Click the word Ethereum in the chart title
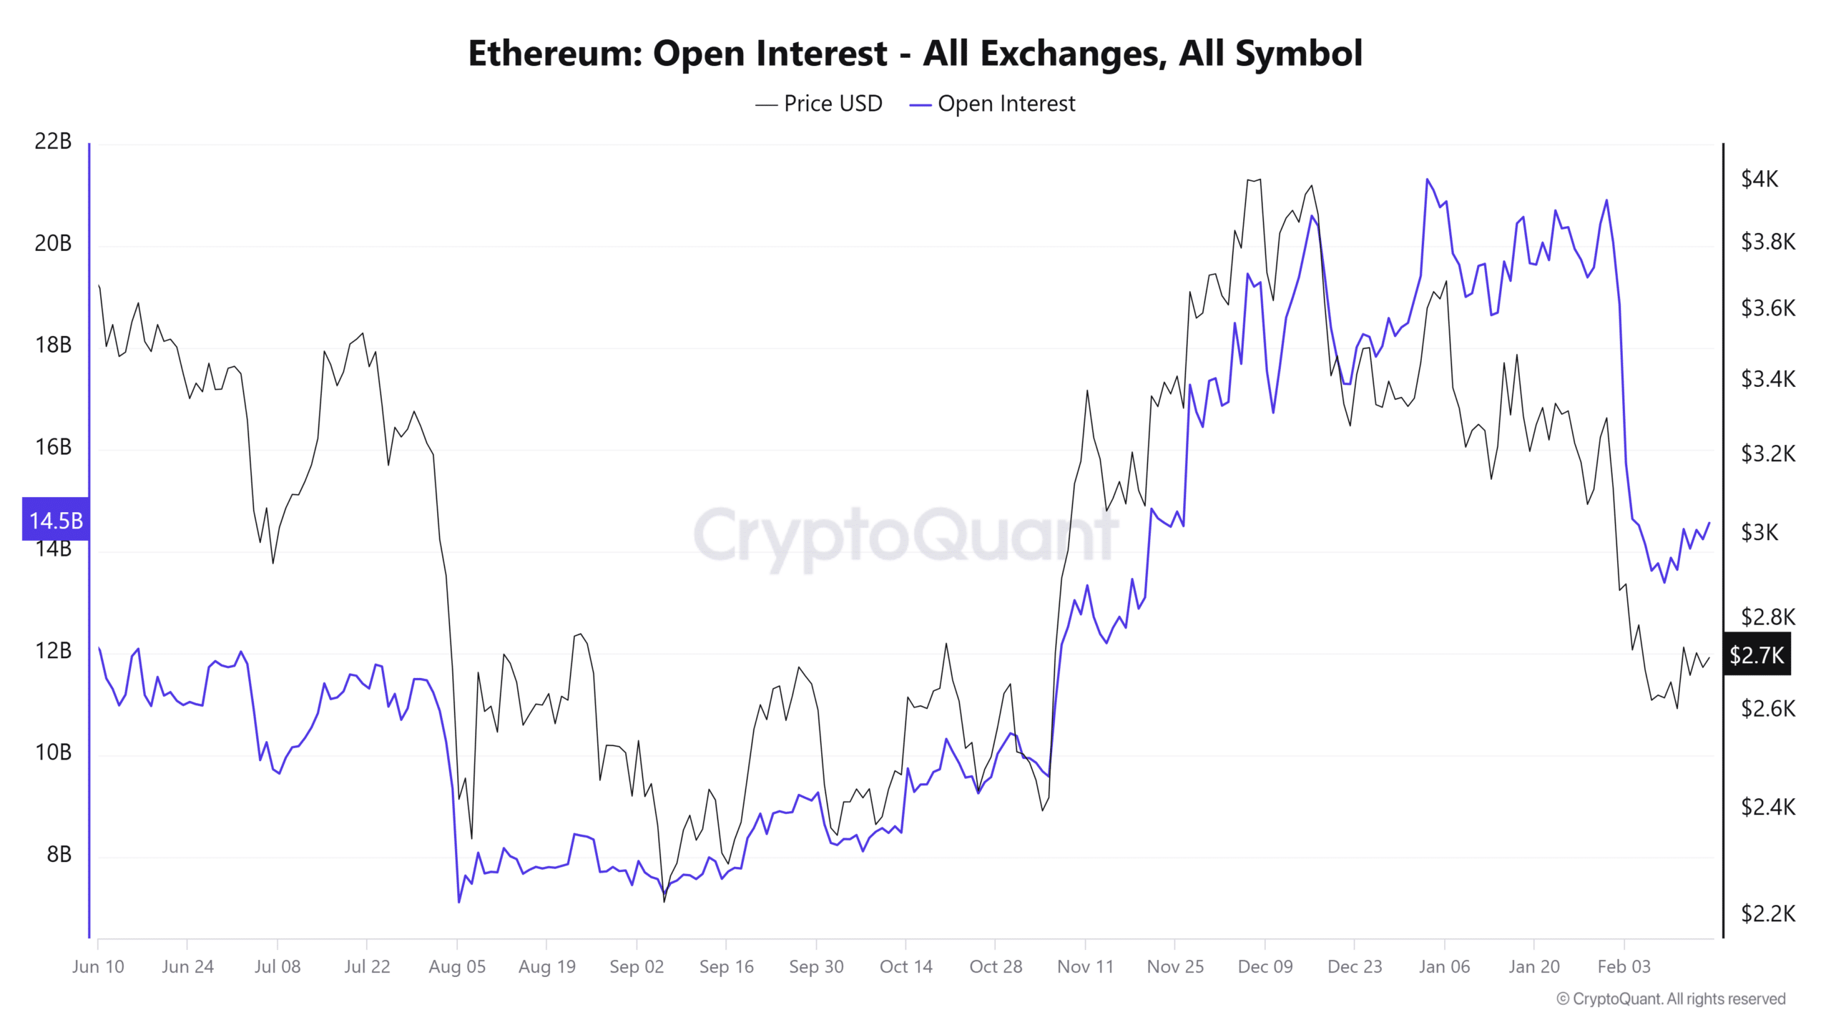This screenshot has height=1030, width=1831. [554, 54]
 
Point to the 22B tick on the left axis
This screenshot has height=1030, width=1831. [53, 142]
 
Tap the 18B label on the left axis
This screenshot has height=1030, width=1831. [53, 345]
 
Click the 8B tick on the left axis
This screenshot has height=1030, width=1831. [59, 855]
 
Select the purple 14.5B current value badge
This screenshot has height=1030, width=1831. [56, 520]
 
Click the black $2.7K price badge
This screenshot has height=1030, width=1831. [1757, 654]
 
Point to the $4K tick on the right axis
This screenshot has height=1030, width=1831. [1759, 179]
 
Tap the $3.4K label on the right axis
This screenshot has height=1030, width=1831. [1768, 379]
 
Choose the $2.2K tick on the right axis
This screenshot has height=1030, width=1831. [1768, 913]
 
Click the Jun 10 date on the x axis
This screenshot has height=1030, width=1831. [98, 967]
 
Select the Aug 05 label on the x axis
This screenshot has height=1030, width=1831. [457, 967]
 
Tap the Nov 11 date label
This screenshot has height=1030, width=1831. [1085, 967]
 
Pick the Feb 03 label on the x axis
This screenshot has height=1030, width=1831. [1624, 967]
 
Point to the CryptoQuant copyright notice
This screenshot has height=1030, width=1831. [1671, 999]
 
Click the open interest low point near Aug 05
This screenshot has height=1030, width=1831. [458, 902]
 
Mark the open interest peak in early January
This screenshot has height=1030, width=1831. [1427, 180]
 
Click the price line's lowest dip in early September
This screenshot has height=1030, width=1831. [664, 901]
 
